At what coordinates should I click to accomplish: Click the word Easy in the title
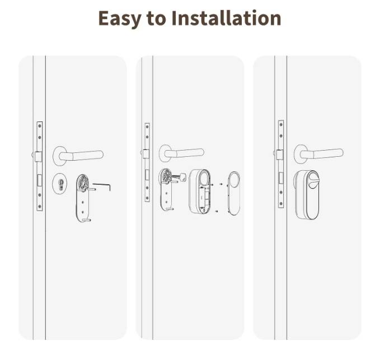[120, 18]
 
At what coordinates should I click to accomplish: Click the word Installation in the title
[227, 18]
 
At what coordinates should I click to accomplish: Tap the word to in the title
[156, 19]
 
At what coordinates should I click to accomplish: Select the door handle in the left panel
[78, 156]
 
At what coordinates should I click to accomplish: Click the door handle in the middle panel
[181, 153]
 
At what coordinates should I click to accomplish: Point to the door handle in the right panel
[319, 154]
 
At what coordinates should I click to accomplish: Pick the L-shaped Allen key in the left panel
[102, 187]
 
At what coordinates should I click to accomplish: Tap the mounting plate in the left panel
[83, 198]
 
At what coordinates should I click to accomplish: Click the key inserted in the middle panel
[179, 176]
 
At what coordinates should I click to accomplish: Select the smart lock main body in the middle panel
[200, 191]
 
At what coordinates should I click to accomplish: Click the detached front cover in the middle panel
[233, 193]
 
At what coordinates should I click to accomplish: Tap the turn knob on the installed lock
[313, 180]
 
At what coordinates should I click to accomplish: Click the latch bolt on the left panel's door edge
[38, 156]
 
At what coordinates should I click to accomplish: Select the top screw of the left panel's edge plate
[40, 126]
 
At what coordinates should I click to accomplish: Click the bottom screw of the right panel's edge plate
[281, 204]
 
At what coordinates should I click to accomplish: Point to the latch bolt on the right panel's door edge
[280, 155]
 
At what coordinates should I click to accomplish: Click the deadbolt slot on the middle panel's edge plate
[147, 175]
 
